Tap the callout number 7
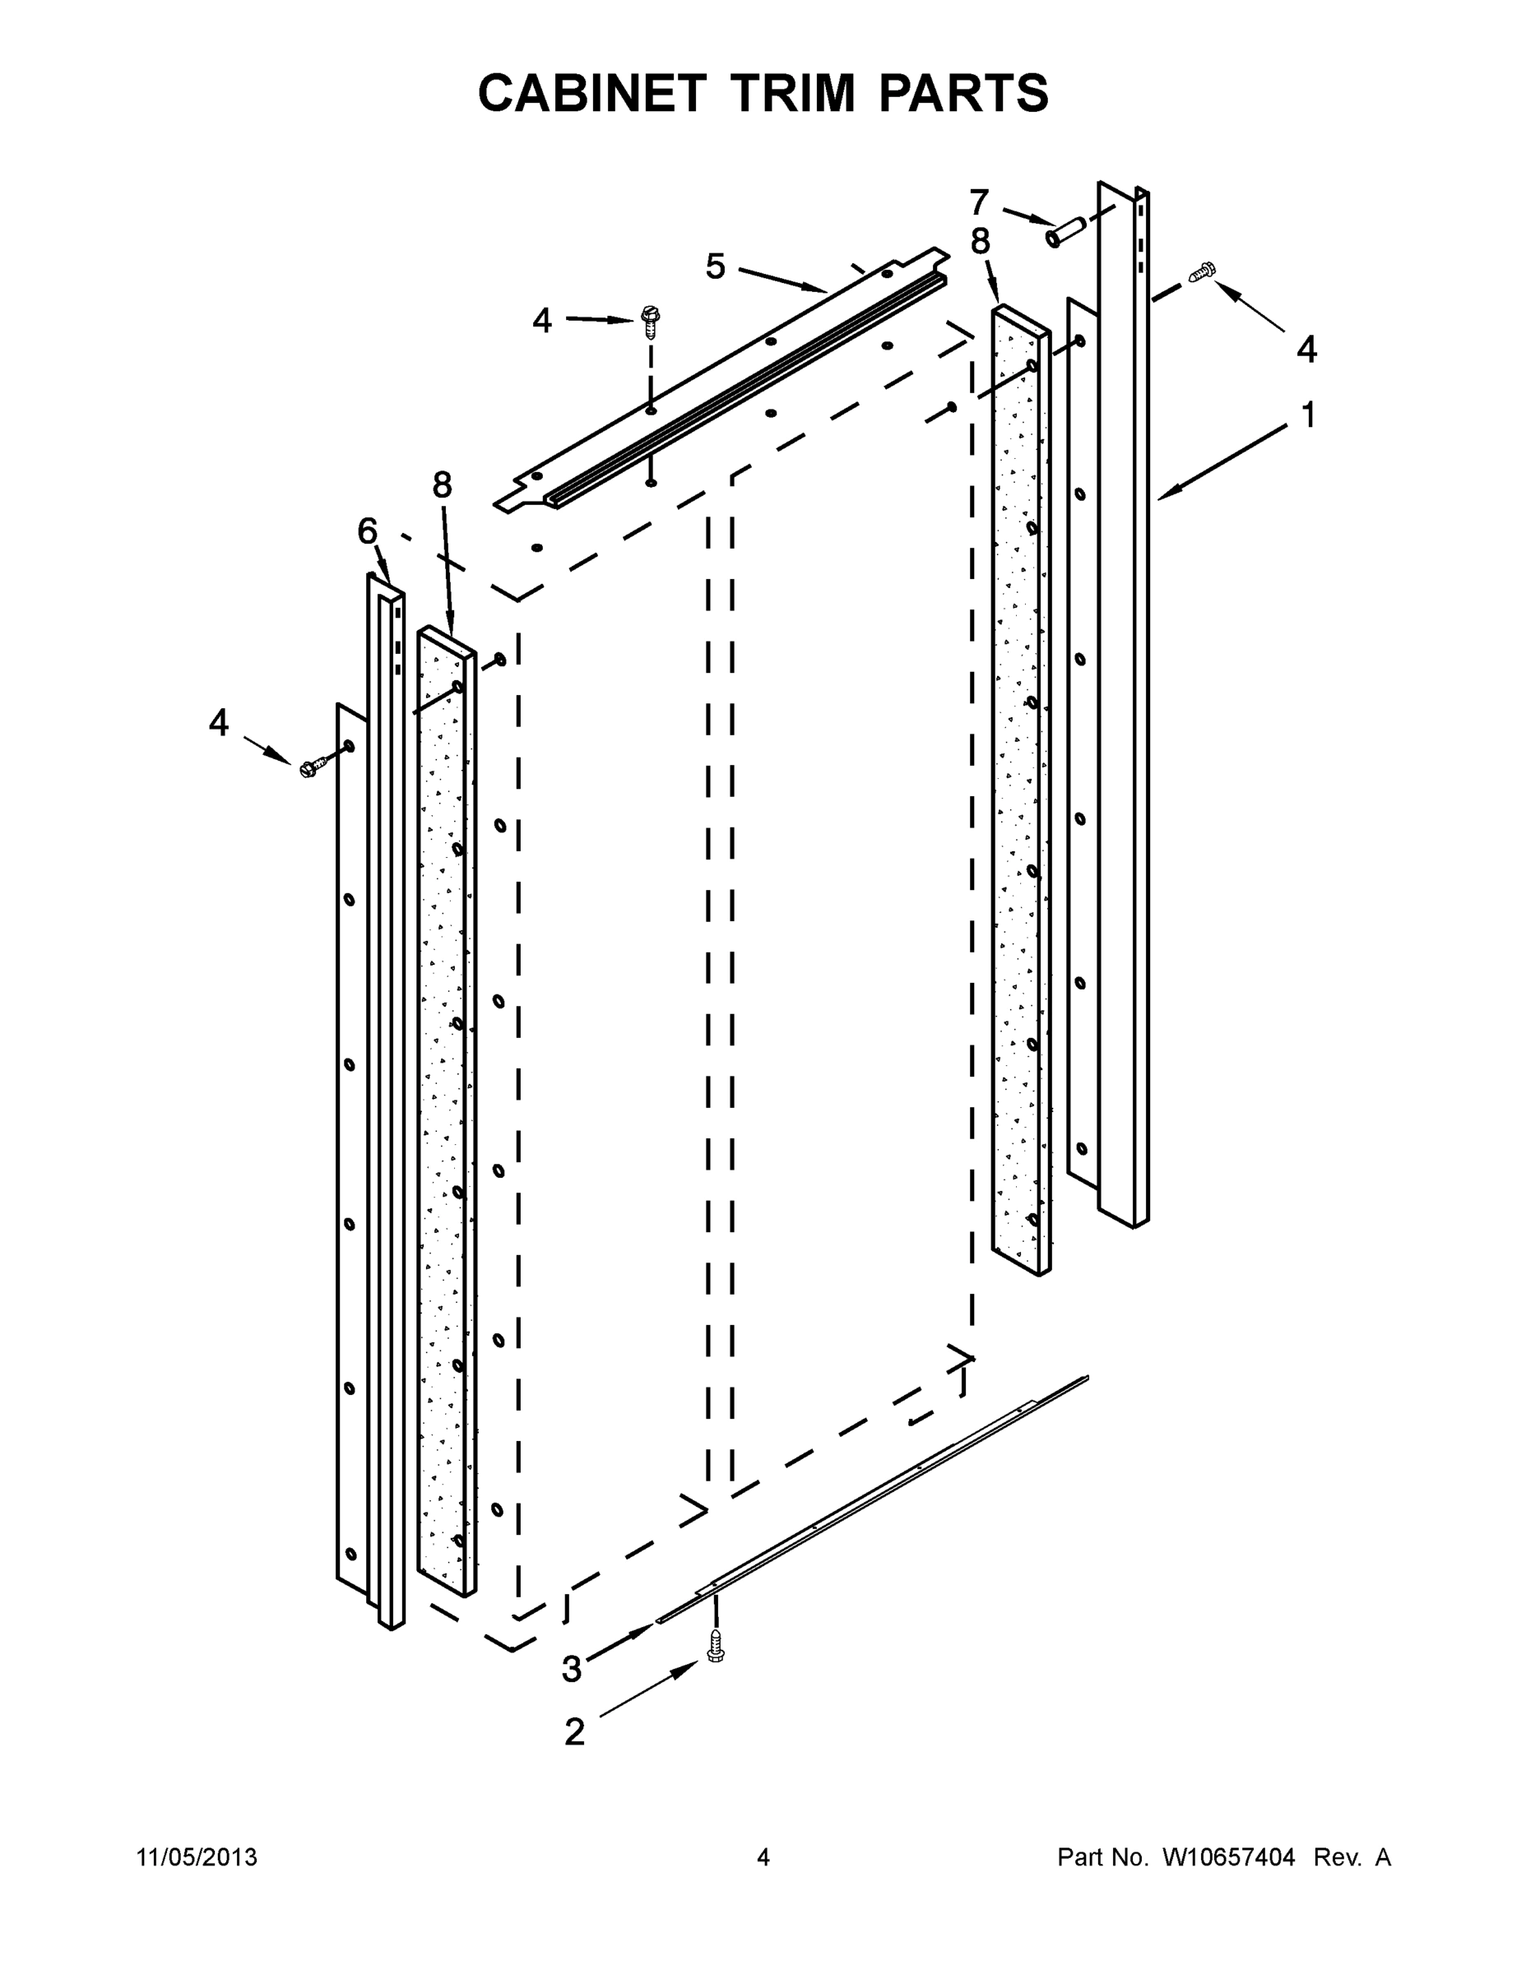pyautogui.click(x=979, y=202)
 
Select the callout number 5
pyautogui.click(x=715, y=266)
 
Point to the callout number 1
pyautogui.click(x=1307, y=415)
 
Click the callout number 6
pyautogui.click(x=366, y=531)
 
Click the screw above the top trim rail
pyautogui.click(x=649, y=321)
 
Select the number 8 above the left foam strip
pyautogui.click(x=441, y=485)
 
